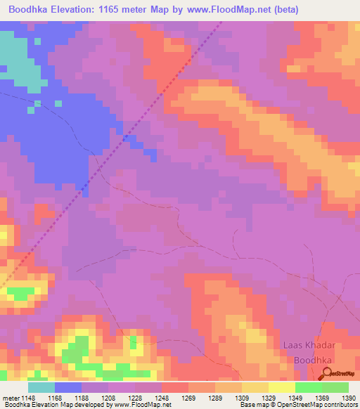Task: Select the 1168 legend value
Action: pyautogui.click(x=55, y=397)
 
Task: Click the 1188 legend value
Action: pyautogui.click(x=82, y=397)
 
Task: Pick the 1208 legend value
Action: pyautogui.click(x=108, y=397)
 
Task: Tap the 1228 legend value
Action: pyautogui.click(x=135, y=397)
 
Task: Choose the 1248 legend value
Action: pyautogui.click(x=162, y=397)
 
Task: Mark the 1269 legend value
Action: pyautogui.click(x=188, y=397)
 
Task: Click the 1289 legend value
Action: pyautogui.click(x=215, y=397)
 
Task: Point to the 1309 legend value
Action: pyautogui.click(x=242, y=397)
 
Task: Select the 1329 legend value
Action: pyautogui.click(x=269, y=397)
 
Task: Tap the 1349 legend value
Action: pyautogui.click(x=295, y=397)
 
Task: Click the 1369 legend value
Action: pyautogui.click(x=322, y=397)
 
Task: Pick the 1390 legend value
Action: pyautogui.click(x=349, y=397)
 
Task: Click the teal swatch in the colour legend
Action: pyautogui.click(x=41, y=387)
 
